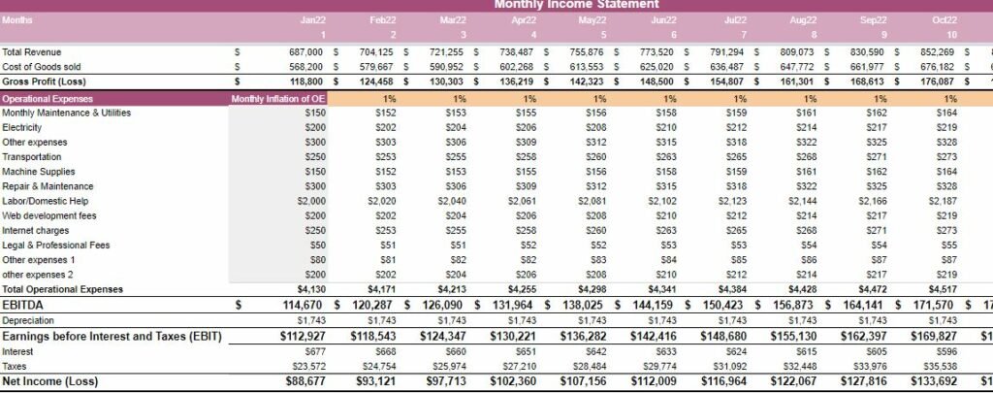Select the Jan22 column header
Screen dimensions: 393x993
pyautogui.click(x=313, y=19)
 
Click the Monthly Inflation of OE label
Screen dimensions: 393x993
pyautogui.click(x=264, y=98)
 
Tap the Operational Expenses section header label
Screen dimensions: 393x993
pyautogui.click(x=48, y=98)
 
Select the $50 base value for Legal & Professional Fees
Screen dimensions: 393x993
pyautogui.click(x=316, y=245)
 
